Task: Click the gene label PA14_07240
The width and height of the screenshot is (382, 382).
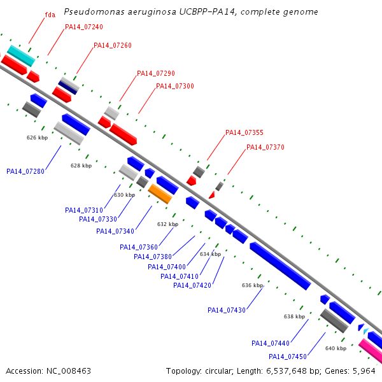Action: click(x=84, y=27)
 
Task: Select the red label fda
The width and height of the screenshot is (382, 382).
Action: click(x=50, y=15)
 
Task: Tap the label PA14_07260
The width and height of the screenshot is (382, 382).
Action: click(x=113, y=46)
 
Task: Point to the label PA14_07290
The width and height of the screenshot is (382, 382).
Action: click(x=156, y=74)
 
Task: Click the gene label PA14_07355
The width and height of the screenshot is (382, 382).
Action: click(x=244, y=133)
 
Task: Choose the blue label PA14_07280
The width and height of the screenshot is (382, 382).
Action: click(x=25, y=171)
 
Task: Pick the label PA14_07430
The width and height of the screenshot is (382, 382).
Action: click(x=227, y=311)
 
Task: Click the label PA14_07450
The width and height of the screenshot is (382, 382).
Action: click(x=288, y=357)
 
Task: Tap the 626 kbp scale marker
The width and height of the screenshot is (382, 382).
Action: click(x=37, y=138)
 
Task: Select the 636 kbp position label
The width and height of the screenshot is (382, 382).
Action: click(x=252, y=286)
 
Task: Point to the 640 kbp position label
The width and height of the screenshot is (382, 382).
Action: click(x=336, y=349)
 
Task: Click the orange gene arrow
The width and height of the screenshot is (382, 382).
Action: click(x=160, y=194)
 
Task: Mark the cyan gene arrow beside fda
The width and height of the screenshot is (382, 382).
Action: click(x=20, y=55)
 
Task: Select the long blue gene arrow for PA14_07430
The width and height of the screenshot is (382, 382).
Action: click(x=279, y=266)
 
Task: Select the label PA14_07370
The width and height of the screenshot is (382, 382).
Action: click(x=265, y=148)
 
